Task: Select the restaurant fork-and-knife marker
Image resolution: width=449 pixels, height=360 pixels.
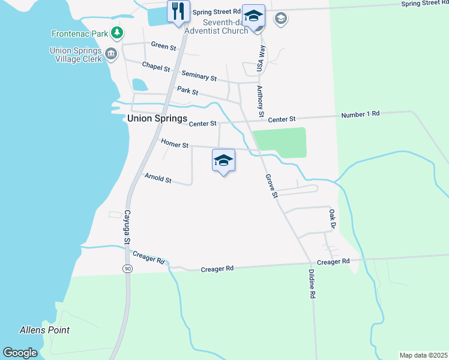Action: [x=178, y=11]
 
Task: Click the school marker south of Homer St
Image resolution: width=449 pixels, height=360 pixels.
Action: [x=223, y=160]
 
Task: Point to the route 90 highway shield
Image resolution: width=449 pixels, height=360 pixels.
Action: [x=128, y=268]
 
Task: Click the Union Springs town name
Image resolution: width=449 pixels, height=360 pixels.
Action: [x=157, y=119]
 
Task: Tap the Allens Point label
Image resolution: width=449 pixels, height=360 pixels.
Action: [x=44, y=330]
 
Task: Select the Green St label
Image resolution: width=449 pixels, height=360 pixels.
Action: [x=164, y=46]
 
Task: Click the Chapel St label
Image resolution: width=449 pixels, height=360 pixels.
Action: [x=156, y=66]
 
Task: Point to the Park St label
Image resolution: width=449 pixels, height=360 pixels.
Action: [x=188, y=91]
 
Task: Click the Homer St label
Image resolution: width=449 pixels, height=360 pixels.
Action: [x=175, y=143]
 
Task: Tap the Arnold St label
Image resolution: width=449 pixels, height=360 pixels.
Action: [x=158, y=178]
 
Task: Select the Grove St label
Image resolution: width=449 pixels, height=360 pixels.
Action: [x=271, y=187]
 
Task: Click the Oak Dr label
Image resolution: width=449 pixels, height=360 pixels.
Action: [x=331, y=218]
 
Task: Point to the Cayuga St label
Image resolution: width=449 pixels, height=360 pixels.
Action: [x=127, y=226]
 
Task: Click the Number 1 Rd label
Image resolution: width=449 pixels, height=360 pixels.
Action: [x=360, y=114]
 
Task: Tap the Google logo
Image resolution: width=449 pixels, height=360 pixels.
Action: [x=20, y=353]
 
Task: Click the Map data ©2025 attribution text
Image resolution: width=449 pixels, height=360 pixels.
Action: [x=423, y=355]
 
